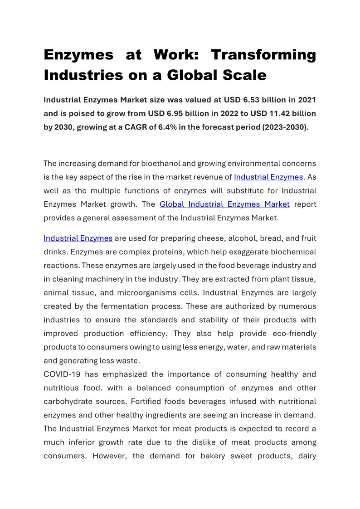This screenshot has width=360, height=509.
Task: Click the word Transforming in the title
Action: (263, 55)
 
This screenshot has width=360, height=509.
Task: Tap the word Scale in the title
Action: (243, 75)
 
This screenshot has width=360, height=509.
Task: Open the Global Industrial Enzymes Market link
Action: (224, 204)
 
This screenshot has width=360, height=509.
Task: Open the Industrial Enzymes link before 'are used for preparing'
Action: (78, 238)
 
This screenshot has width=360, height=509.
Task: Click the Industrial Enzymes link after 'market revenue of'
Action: (268, 177)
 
